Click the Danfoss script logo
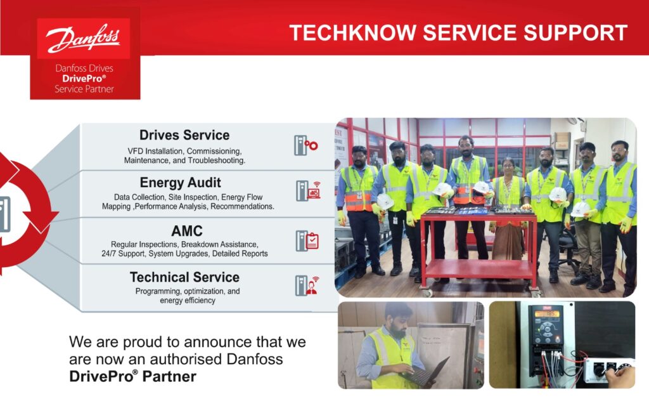[83, 39]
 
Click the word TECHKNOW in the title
[352, 33]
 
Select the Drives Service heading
[184, 135]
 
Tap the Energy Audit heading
[180, 183]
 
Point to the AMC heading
[187, 231]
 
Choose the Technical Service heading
[184, 277]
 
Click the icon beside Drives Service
[306, 145]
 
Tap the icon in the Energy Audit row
[309, 191]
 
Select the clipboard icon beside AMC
[307, 240]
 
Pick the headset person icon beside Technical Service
[307, 286]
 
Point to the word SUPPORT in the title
[575, 33]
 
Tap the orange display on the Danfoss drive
[548, 313]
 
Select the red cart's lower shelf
[479, 269]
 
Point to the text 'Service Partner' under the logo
[84, 89]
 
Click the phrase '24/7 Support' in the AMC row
[124, 254]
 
